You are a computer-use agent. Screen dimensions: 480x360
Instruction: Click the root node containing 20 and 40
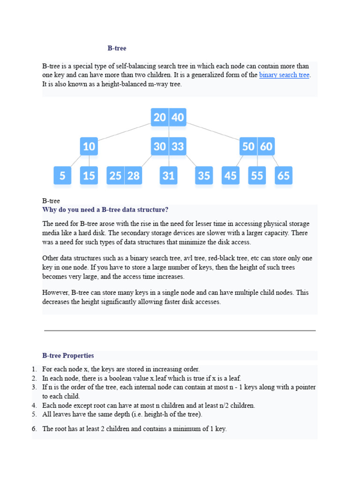click(x=168, y=117)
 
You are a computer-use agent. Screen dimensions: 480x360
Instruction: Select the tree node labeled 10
click(x=89, y=147)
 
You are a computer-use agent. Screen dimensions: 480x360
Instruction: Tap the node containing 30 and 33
click(x=168, y=147)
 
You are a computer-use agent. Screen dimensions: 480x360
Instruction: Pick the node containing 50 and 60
click(x=257, y=147)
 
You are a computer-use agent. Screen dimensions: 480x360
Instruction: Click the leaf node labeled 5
click(x=62, y=176)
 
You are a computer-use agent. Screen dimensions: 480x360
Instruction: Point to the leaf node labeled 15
click(x=89, y=176)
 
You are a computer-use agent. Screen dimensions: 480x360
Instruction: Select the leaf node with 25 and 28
click(x=124, y=176)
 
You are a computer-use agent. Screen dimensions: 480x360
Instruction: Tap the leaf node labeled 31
click(x=168, y=176)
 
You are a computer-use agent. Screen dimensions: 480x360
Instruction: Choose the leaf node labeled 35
click(x=204, y=176)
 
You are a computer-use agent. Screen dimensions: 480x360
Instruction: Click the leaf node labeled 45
click(x=230, y=176)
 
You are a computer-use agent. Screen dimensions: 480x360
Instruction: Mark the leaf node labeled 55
click(x=257, y=176)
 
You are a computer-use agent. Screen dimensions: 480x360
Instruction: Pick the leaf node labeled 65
click(x=284, y=176)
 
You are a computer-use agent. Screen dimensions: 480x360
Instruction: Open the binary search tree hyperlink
click(x=284, y=75)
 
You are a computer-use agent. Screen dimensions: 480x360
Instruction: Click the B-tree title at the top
click(x=117, y=48)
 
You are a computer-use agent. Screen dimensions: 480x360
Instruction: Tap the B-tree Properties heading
click(x=68, y=356)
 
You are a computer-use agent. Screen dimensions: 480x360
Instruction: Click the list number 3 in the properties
click(x=34, y=387)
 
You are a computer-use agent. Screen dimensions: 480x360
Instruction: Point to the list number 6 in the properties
click(x=34, y=429)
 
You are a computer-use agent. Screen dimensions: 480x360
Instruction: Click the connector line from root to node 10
click(x=124, y=132)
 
